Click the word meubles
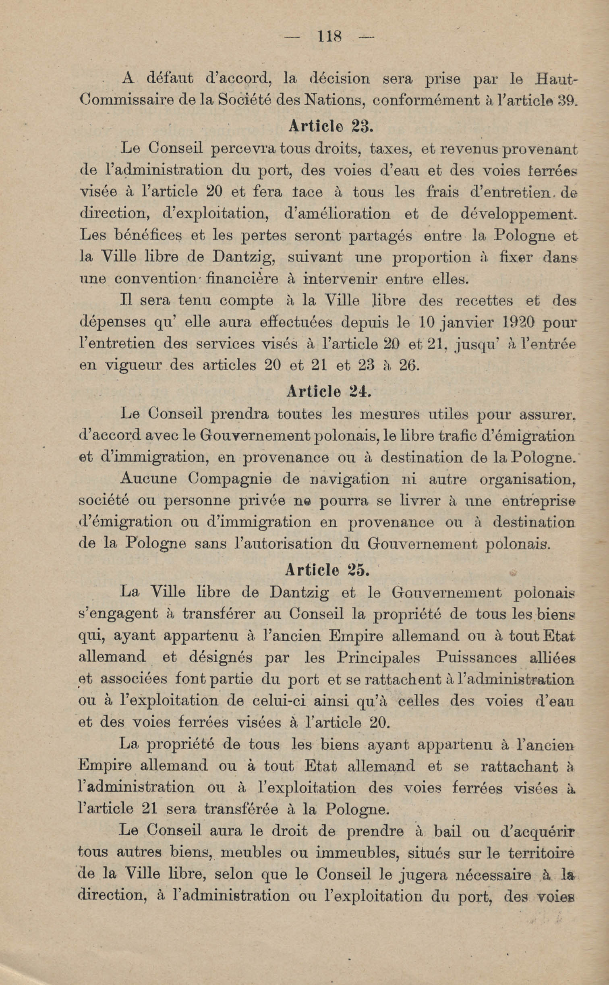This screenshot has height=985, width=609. tap(251, 852)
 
